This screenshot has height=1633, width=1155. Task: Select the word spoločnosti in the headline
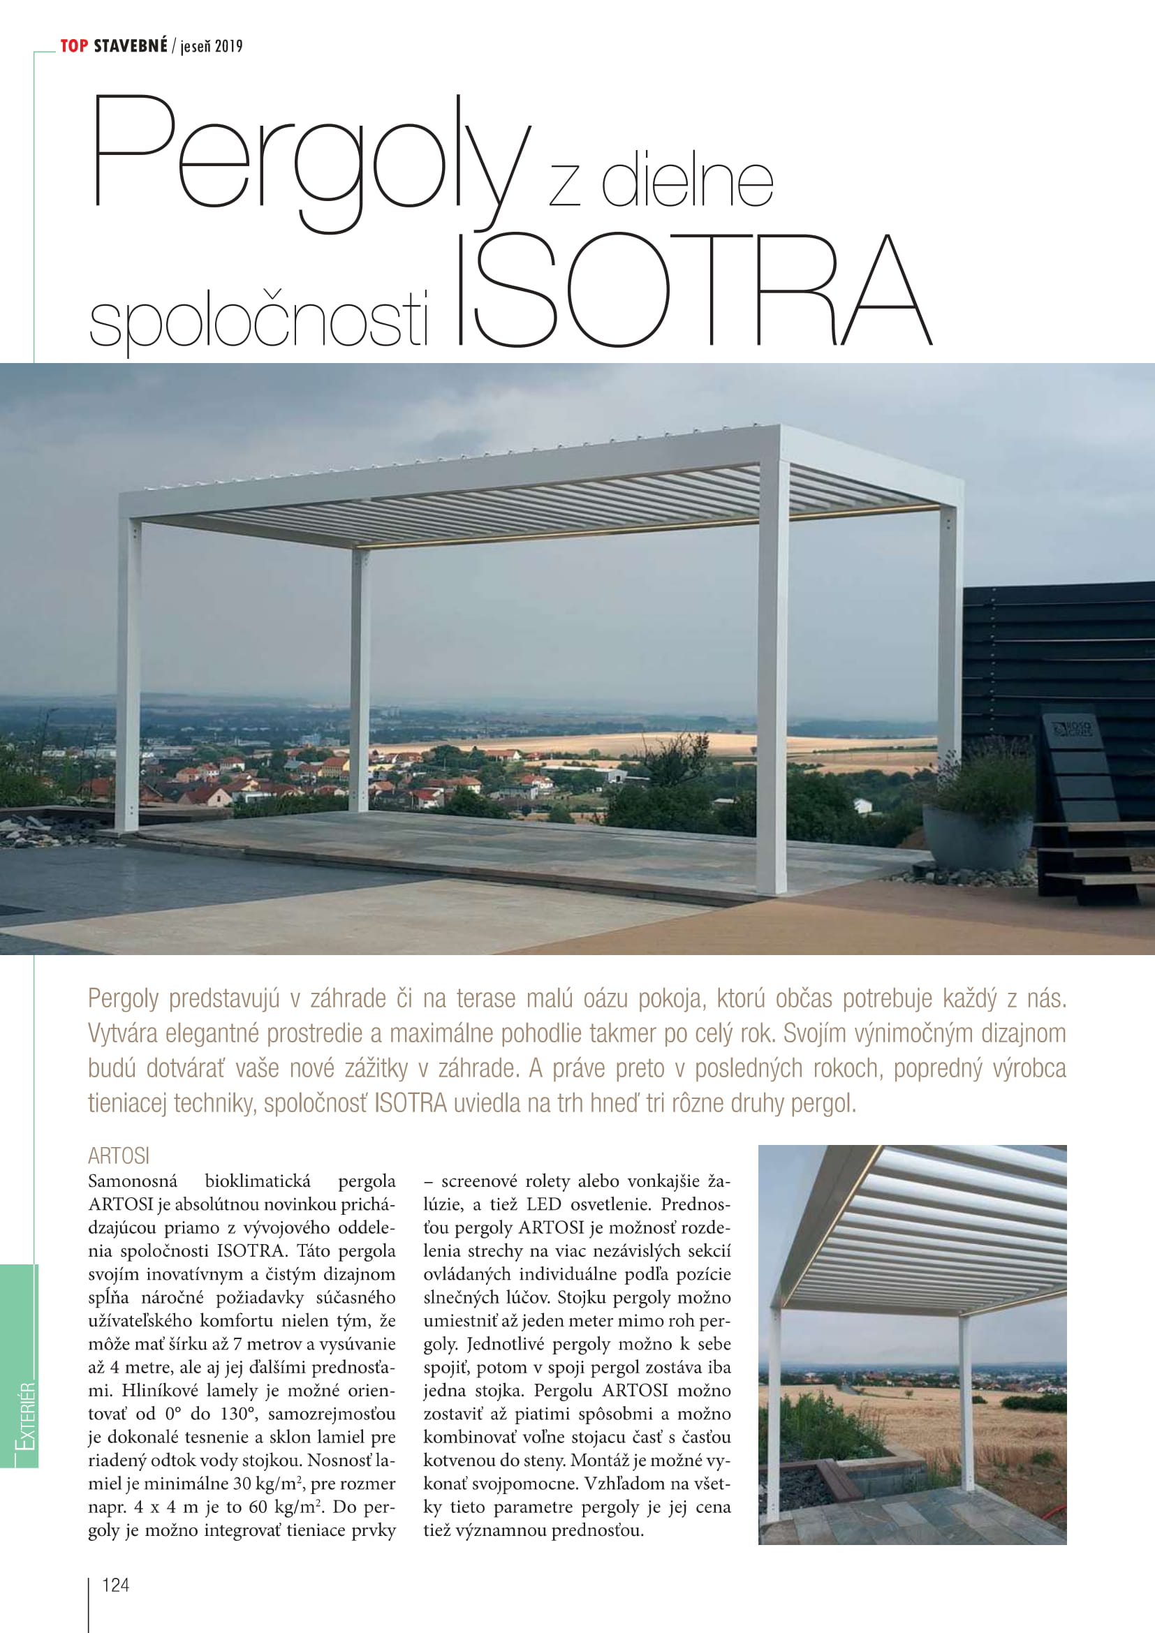tap(259, 320)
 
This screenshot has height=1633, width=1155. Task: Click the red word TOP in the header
tap(74, 46)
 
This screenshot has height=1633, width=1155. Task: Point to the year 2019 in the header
tap(228, 47)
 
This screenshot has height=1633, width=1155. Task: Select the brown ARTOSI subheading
tap(119, 1155)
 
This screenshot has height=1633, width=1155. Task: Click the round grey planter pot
tap(977, 837)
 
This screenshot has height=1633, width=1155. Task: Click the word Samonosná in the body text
tap(132, 1181)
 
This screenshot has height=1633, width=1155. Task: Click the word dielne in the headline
tap(687, 183)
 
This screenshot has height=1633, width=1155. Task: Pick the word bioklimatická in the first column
tap(258, 1181)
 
